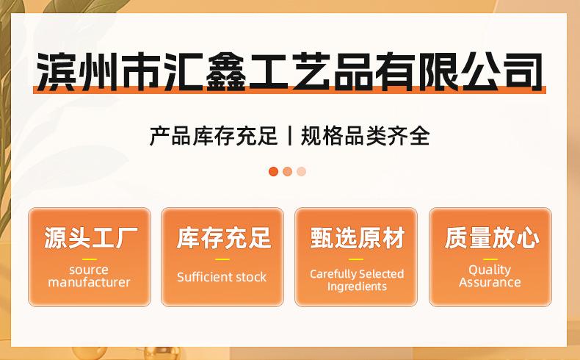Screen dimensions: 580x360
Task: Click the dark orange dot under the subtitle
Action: pos(273,171)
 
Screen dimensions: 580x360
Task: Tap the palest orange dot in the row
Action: pos(302,171)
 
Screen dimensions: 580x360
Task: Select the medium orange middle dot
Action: pos(287,171)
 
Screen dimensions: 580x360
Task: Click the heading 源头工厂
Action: pos(90,237)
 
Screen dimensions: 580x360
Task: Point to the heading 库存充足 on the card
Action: pos(224,237)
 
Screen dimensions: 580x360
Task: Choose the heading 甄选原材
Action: pos(358,237)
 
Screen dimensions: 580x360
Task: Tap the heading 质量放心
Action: pos(492,237)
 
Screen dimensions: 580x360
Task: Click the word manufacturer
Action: pos(89,282)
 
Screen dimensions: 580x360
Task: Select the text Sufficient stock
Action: pos(222,277)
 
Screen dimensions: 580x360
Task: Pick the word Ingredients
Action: pos(357,287)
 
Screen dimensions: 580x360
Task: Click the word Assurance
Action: pos(490,282)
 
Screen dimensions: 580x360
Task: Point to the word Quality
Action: pos(490,270)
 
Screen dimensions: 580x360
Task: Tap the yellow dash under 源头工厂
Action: pos(90,259)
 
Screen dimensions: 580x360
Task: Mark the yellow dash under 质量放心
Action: pos(490,259)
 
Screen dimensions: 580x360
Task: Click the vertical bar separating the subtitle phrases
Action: pos(289,135)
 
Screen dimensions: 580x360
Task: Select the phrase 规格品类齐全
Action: pos(365,136)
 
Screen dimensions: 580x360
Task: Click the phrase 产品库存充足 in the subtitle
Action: pos(214,136)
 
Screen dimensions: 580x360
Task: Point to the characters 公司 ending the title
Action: pos(503,71)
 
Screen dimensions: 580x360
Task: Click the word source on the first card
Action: pos(89,270)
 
